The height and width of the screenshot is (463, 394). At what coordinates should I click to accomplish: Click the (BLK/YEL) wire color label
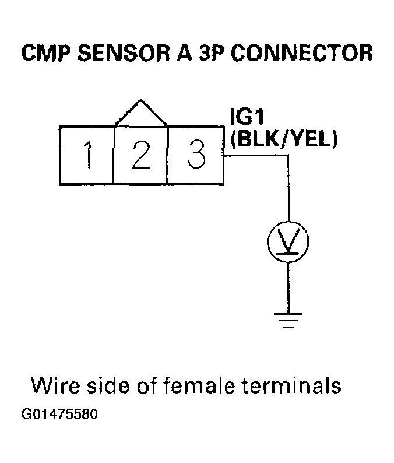pyautogui.click(x=284, y=140)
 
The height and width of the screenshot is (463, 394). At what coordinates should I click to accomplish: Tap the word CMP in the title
pyautogui.click(x=45, y=53)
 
